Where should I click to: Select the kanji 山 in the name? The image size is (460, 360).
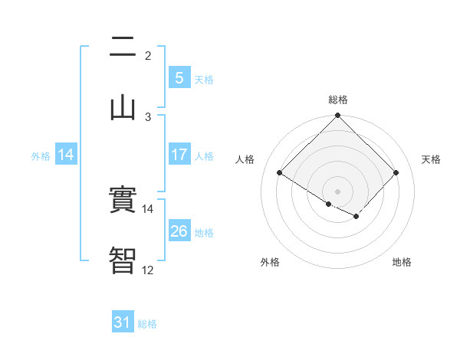point(123,106)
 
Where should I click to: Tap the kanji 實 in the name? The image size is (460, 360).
point(123,201)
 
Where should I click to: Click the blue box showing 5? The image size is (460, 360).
point(179,78)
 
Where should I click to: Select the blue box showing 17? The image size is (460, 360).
point(179,155)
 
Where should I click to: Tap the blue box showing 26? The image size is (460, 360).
point(179,231)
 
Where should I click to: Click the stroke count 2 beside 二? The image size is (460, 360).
point(148,56)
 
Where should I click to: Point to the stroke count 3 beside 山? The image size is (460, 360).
point(148,116)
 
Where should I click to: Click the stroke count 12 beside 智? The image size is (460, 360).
point(147,270)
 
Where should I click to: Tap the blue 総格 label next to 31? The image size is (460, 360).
point(147,324)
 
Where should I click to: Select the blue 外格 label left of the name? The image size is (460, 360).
point(41,155)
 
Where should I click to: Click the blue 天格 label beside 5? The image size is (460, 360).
point(204,79)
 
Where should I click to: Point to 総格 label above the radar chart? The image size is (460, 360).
point(338,100)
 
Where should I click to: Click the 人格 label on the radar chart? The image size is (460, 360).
point(245,159)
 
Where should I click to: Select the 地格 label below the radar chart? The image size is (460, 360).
point(402,262)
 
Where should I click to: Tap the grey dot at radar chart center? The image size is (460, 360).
point(338,191)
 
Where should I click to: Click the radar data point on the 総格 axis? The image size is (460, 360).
point(338,116)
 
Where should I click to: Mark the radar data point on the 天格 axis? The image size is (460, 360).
point(396,172)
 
